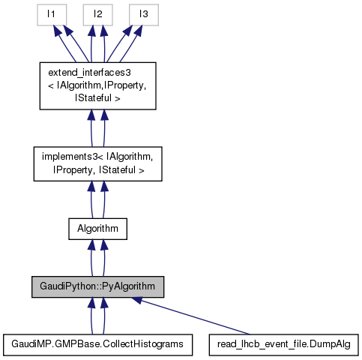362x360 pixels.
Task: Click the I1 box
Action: (53, 14)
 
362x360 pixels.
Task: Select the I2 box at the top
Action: (97, 14)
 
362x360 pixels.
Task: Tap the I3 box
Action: (142, 14)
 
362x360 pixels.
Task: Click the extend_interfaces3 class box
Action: (97, 85)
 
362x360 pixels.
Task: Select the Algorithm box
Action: (97, 228)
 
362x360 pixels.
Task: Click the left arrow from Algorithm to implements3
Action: (92, 201)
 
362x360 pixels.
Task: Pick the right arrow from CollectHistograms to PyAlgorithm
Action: (103, 315)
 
